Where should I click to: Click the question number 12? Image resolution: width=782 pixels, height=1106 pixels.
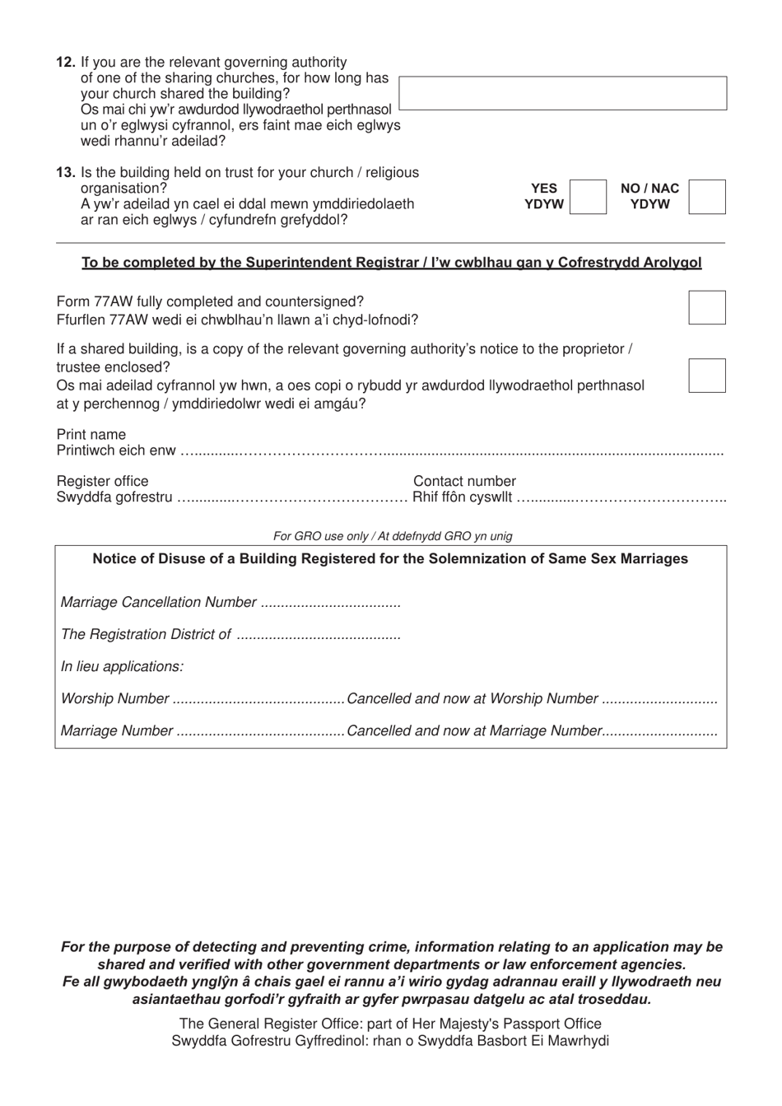(x=66, y=63)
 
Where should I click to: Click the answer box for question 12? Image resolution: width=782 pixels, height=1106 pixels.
(x=562, y=93)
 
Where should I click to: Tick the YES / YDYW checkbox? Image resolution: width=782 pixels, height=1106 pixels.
(x=588, y=197)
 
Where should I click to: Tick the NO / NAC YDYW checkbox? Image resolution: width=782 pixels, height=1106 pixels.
(x=706, y=197)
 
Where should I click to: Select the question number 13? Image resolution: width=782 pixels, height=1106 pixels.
(x=66, y=173)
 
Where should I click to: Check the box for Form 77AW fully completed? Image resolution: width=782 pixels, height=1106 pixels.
(x=706, y=307)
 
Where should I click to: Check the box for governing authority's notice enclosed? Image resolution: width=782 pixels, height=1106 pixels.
(x=706, y=376)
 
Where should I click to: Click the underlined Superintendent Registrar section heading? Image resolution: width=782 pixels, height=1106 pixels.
(x=391, y=263)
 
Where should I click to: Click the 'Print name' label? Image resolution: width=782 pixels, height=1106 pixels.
(x=91, y=435)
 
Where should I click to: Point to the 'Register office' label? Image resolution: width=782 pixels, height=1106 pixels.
(x=103, y=482)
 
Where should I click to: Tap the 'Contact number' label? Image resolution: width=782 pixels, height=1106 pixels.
(x=464, y=482)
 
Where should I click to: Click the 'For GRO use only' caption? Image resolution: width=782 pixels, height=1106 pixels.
(x=393, y=536)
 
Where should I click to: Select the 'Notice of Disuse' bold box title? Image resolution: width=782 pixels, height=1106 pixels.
(x=390, y=559)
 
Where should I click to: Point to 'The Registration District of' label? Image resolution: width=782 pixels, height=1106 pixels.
(x=146, y=635)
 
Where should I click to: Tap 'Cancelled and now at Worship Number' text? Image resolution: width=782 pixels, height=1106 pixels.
(x=472, y=699)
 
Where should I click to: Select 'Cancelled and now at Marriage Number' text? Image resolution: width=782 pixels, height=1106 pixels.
(x=475, y=731)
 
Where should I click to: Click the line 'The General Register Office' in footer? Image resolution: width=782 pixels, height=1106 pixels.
(x=390, y=1024)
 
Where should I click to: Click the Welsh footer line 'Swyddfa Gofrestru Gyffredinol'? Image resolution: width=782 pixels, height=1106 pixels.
(x=390, y=1041)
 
